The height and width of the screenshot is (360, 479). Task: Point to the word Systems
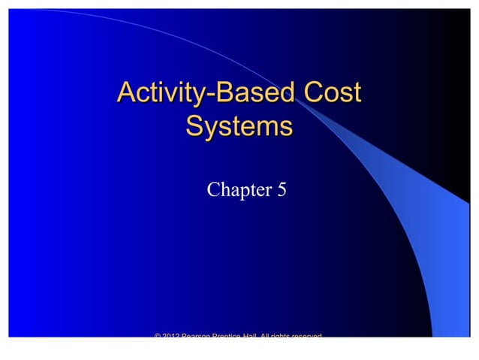pyautogui.click(x=239, y=125)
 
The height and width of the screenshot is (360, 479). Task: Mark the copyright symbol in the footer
pyautogui.click(x=158, y=335)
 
